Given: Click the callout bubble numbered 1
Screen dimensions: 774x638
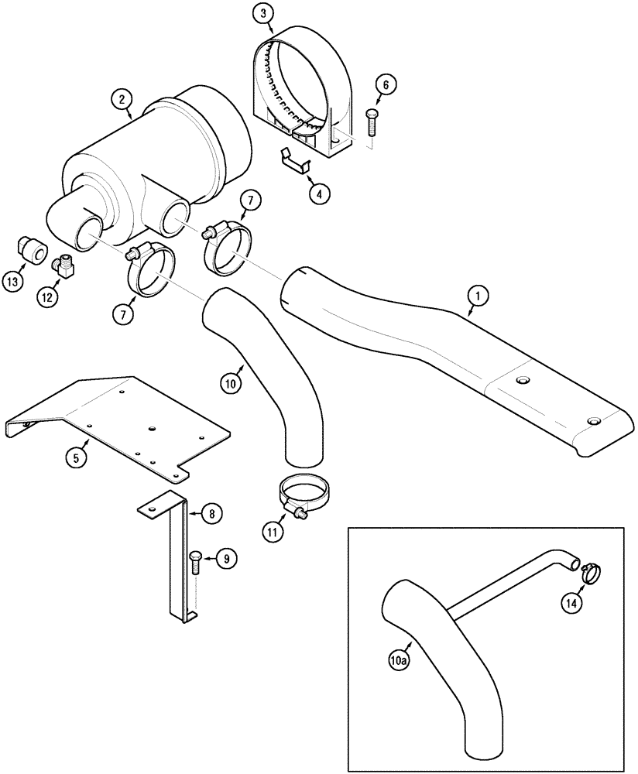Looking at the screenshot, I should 478,294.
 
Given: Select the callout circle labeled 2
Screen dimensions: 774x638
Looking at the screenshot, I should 121,98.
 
